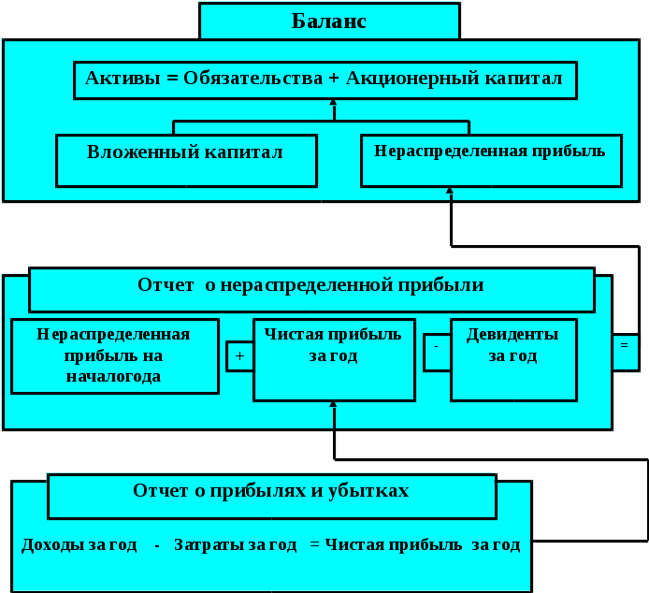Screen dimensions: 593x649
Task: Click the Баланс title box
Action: (329, 21)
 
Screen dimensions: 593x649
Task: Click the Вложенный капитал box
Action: (185, 160)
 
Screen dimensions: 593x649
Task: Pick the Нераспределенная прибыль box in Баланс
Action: (490, 159)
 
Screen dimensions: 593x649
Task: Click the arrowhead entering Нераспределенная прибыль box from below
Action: (450, 191)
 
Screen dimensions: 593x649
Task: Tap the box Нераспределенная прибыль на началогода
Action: (114, 355)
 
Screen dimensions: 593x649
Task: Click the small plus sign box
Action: (239, 355)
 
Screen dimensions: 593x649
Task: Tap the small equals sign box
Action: (625, 344)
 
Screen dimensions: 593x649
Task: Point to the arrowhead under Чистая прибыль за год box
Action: (333, 405)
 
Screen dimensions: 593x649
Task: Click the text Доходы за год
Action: (79, 544)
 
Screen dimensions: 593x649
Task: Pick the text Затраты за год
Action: (235, 544)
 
